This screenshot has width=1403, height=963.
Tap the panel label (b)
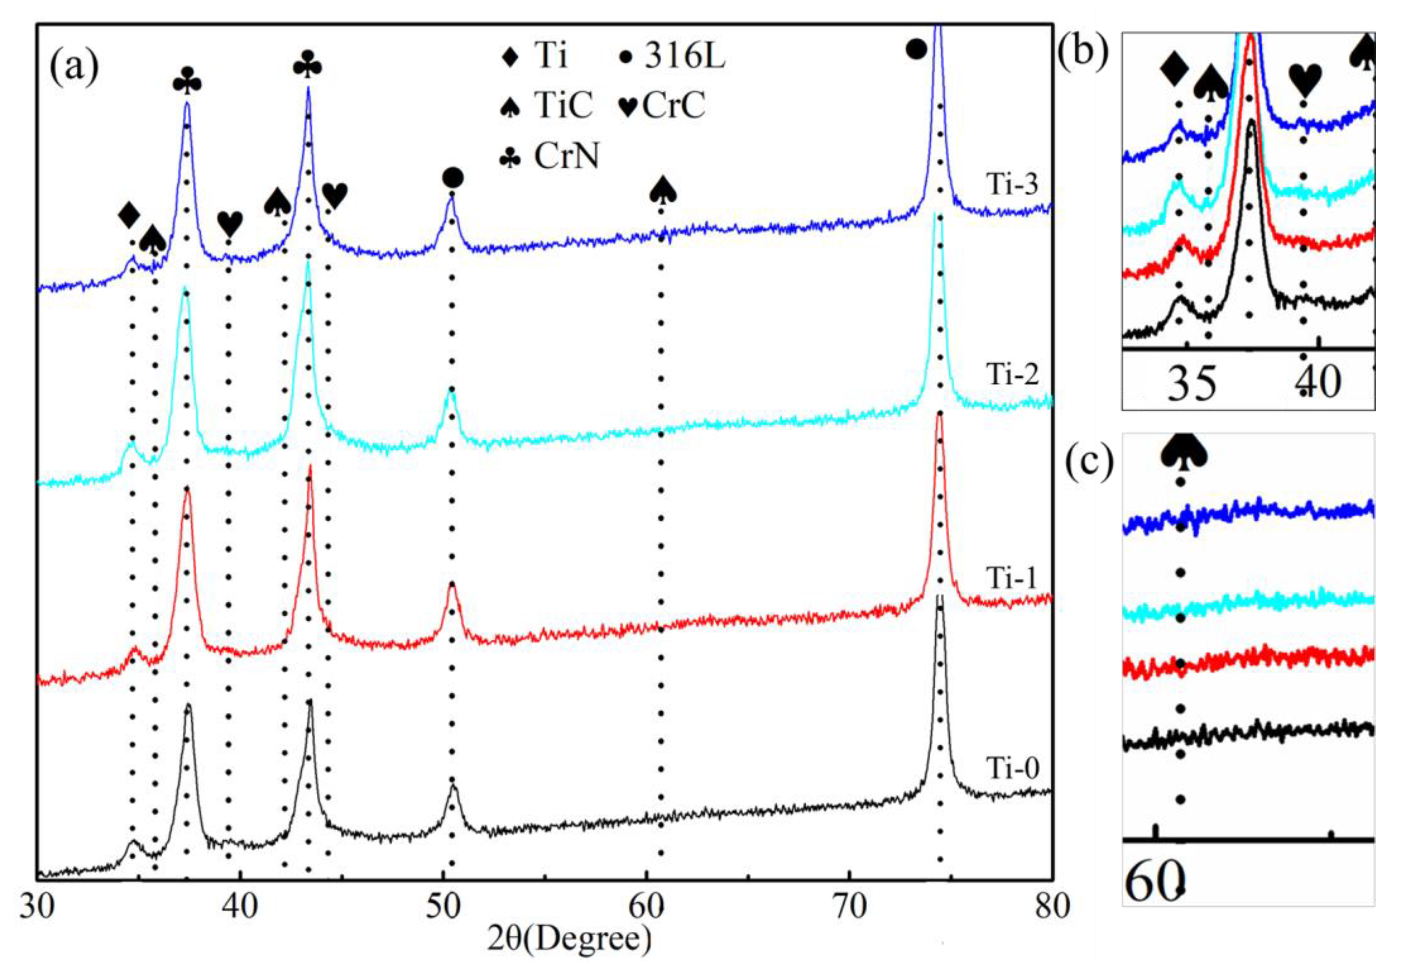click(1084, 52)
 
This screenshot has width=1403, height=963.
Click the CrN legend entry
click(566, 156)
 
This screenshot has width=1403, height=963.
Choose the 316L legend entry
click(684, 57)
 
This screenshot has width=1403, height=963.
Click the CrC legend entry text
click(673, 106)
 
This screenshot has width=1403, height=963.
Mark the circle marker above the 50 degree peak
click(453, 178)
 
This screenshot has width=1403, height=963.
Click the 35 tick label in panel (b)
click(1191, 384)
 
